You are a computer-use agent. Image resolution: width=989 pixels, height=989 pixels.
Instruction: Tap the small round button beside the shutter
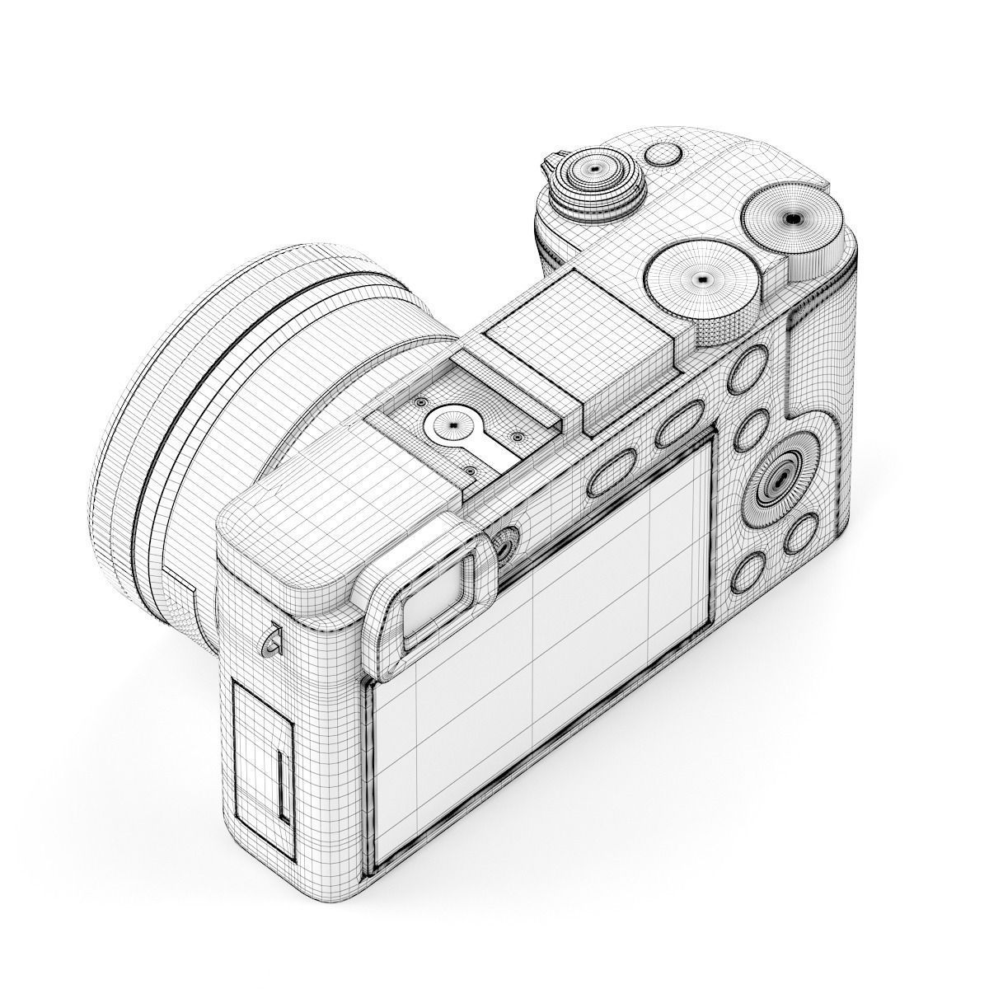point(663,154)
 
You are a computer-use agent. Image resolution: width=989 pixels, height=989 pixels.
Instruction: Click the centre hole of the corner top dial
point(792,218)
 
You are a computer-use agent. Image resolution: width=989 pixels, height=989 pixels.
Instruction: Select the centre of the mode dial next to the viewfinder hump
point(701,279)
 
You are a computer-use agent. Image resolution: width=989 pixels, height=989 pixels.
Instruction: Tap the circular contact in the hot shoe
point(452,425)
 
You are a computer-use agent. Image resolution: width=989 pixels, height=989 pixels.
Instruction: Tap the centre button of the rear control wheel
point(777,485)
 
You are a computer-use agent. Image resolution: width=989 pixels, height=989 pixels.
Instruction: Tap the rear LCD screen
point(544,659)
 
